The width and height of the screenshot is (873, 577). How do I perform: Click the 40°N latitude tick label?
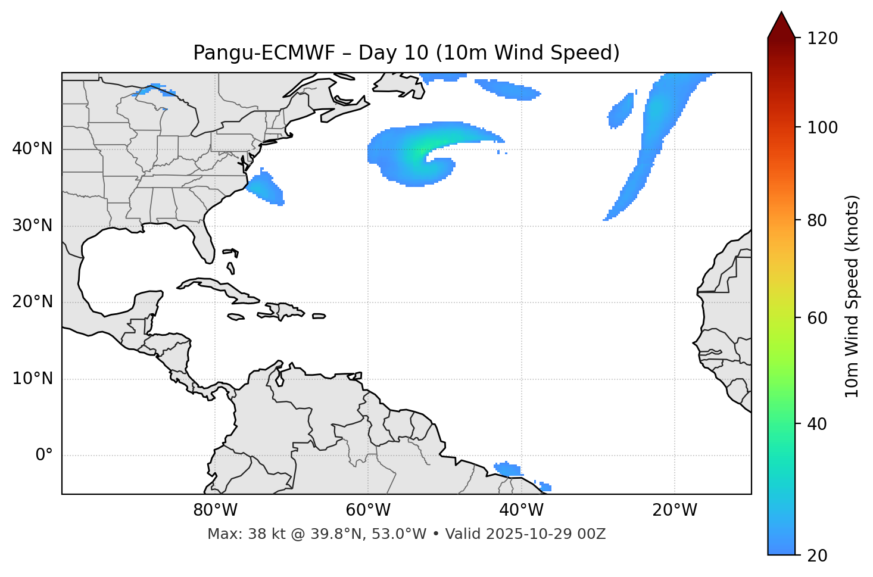tap(32, 149)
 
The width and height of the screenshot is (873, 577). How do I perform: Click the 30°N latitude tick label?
tap(32, 226)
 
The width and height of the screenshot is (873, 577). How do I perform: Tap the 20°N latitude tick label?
tap(32, 302)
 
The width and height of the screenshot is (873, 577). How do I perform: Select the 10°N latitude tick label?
tap(32, 379)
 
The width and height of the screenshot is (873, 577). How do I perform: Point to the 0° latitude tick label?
tap(44, 456)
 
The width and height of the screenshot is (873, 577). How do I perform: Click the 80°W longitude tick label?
tap(215, 510)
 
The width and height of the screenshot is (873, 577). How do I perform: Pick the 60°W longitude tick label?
tap(368, 510)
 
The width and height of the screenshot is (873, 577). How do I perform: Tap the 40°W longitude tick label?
tap(521, 510)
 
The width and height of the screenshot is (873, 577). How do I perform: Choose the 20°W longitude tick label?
tap(674, 510)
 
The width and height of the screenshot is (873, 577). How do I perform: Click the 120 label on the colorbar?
tap(822, 39)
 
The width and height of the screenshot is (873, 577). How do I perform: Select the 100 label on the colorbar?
tap(822, 127)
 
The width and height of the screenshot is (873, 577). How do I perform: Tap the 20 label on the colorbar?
tap(817, 555)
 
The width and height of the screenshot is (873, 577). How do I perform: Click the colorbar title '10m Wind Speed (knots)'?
tap(852, 296)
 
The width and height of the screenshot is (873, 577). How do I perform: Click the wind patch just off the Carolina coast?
tap(266, 188)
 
